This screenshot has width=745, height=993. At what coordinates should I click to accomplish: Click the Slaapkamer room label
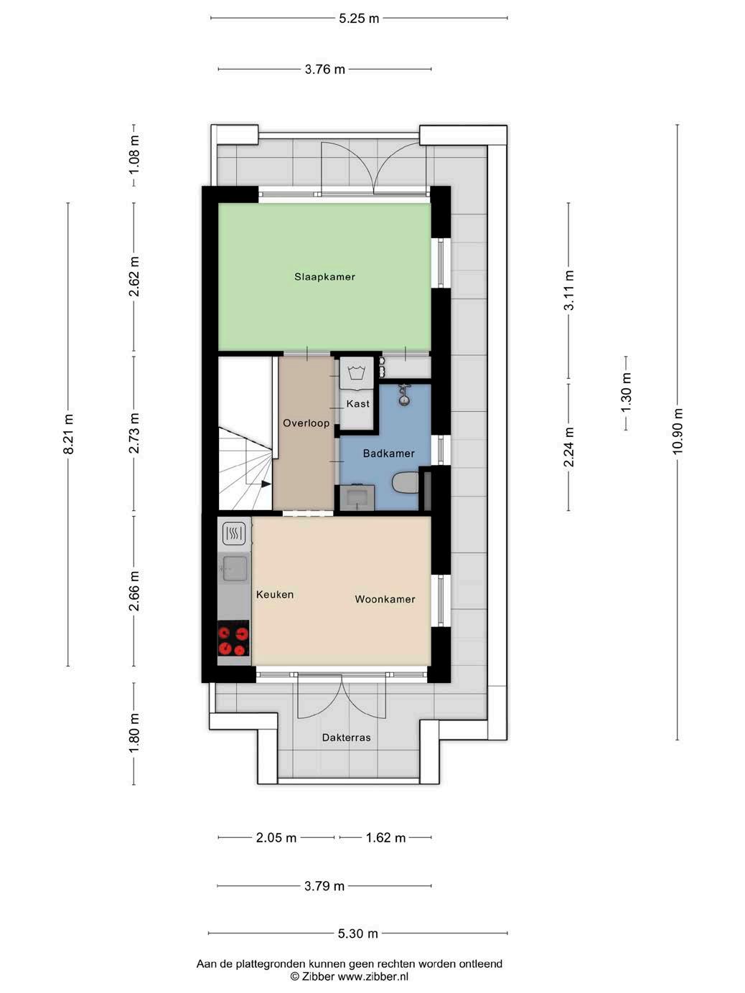[324, 276]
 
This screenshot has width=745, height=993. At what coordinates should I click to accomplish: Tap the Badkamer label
[388, 453]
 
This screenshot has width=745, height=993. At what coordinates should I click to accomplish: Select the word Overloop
[306, 423]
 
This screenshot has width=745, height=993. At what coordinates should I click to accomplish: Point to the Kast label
[358, 403]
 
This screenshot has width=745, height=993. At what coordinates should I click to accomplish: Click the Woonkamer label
[385, 599]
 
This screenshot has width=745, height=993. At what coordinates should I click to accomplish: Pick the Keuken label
[275, 595]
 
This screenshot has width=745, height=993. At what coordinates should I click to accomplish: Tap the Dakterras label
[346, 738]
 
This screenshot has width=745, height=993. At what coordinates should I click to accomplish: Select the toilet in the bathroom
[406, 483]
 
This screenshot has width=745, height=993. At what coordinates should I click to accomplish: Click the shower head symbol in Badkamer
[403, 395]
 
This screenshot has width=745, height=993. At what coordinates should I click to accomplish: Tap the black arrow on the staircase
[266, 484]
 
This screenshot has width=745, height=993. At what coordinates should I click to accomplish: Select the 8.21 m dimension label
[68, 434]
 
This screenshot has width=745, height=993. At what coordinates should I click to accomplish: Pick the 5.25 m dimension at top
[359, 19]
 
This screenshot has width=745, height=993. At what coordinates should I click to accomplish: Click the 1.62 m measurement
[385, 838]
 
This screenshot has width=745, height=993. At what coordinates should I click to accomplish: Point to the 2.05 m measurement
[276, 838]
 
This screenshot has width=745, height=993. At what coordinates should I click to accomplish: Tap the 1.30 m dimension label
[626, 392]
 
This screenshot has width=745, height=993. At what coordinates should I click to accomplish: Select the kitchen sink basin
[235, 569]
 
